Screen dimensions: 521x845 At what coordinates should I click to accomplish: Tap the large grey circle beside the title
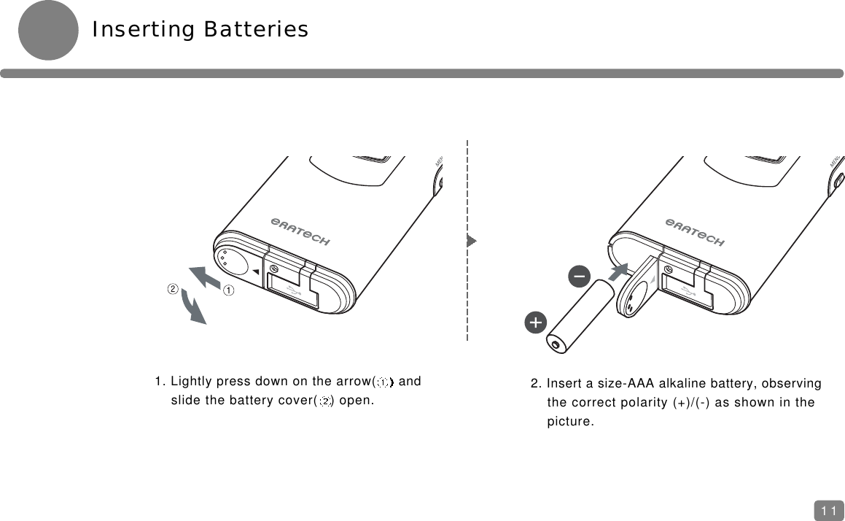click(48, 30)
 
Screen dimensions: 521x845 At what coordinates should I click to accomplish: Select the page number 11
click(828, 511)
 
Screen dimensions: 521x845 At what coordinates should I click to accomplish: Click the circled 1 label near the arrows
click(228, 290)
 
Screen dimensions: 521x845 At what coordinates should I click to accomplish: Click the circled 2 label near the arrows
click(173, 288)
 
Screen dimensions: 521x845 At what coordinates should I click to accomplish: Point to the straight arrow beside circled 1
click(205, 279)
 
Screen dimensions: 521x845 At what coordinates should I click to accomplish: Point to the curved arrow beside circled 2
click(193, 307)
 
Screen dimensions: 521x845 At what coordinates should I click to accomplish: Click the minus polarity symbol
click(580, 277)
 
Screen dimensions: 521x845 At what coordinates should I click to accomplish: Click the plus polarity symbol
click(535, 322)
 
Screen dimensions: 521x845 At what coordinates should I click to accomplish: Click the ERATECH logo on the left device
click(300, 231)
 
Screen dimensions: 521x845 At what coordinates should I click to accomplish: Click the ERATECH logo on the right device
click(695, 231)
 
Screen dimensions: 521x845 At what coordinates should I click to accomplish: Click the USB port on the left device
click(293, 290)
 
